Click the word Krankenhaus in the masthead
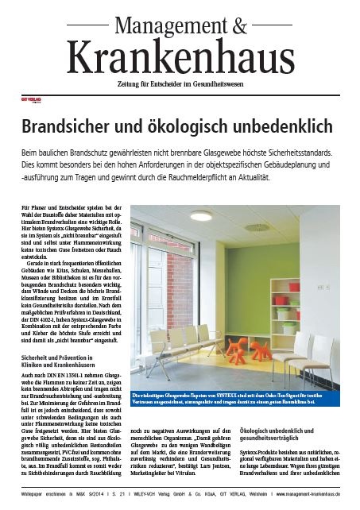(x=180, y=58)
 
